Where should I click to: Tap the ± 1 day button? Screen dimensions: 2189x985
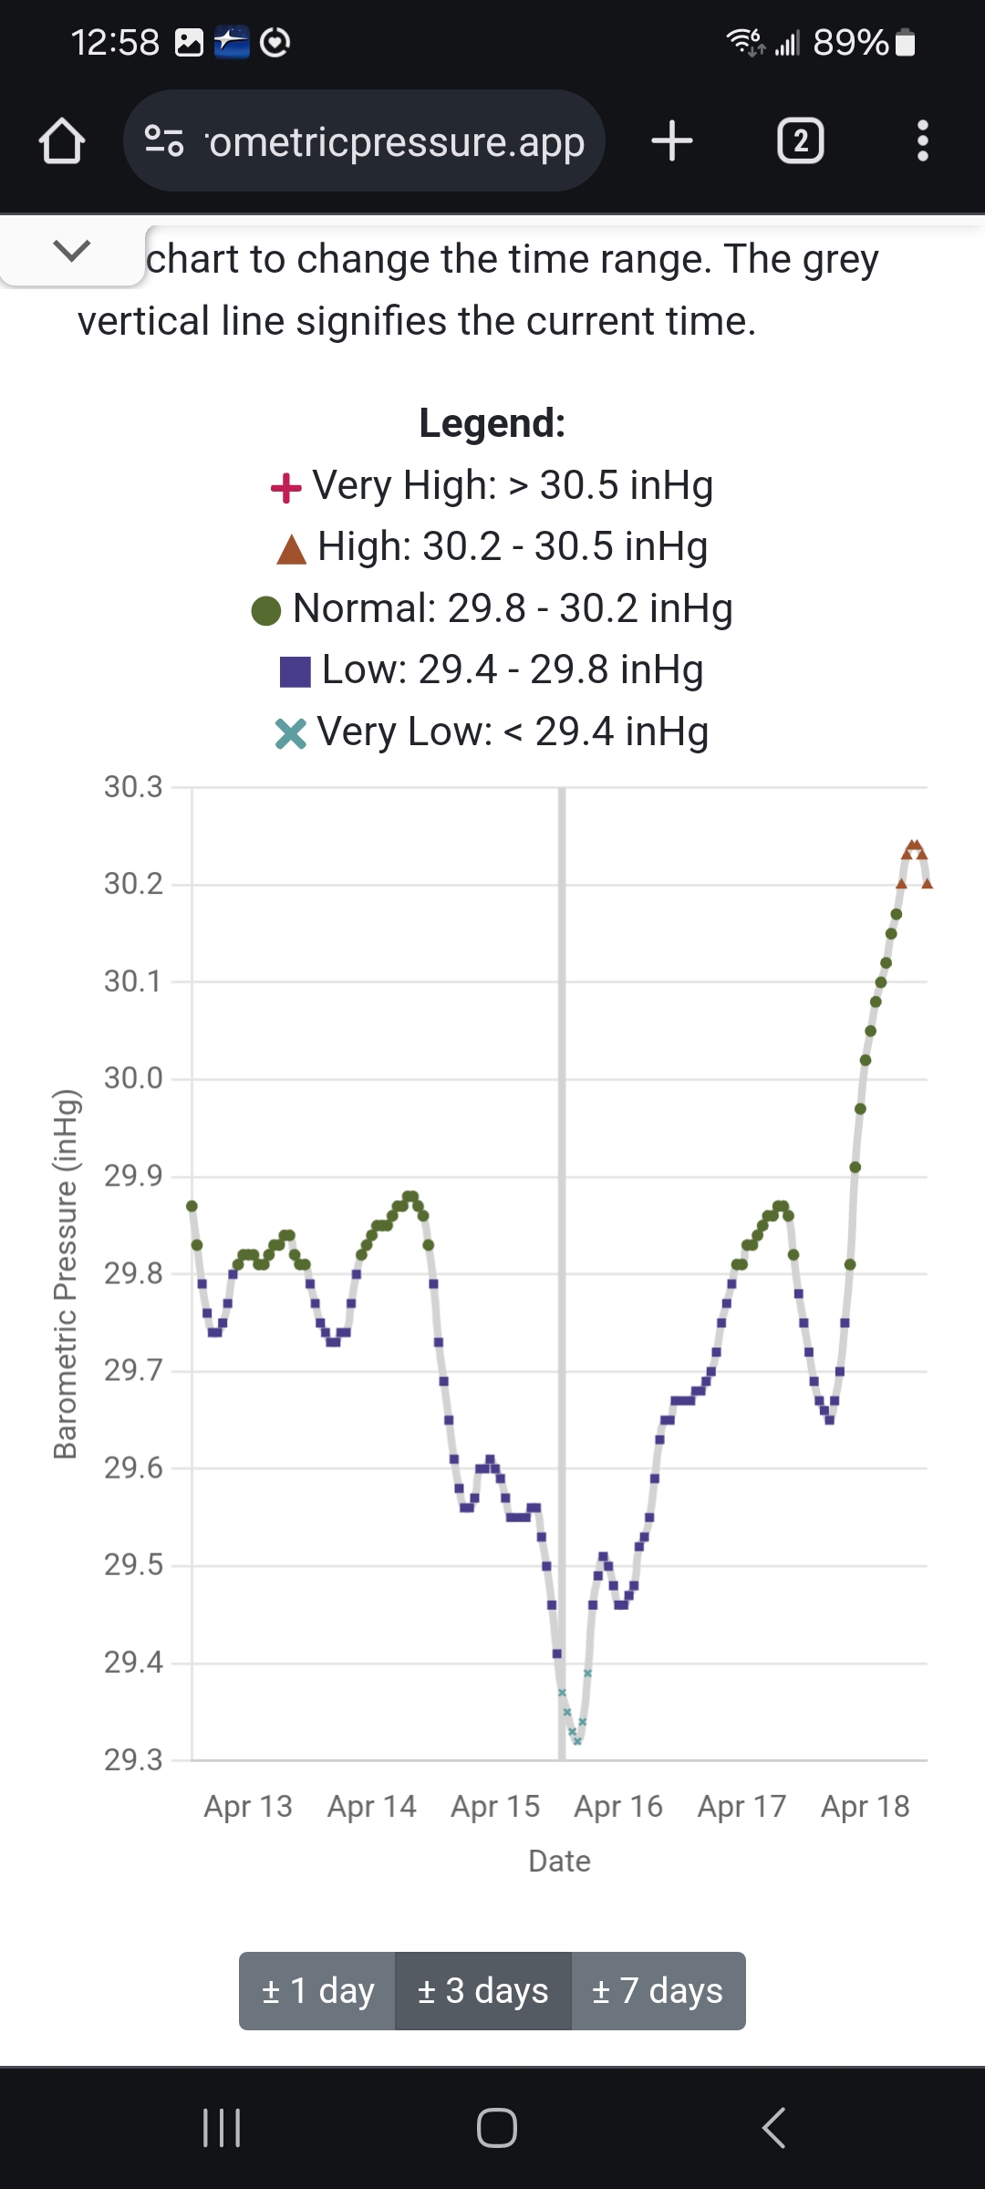coord(317,1990)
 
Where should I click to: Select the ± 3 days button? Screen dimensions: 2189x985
coord(482,1990)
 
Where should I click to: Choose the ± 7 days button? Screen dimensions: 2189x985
coord(658,1990)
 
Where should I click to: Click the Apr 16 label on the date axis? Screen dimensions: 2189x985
coord(618,1806)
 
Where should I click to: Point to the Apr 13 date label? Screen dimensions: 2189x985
coord(248,1806)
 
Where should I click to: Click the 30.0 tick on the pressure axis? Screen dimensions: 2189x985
coord(133,1078)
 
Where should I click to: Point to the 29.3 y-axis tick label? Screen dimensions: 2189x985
coord(133,1759)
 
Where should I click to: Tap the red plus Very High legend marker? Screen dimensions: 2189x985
coord(286,488)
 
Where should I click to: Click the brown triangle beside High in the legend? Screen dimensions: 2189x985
coord(291,549)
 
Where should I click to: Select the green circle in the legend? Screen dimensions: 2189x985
coord(266,610)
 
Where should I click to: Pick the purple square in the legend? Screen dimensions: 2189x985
coord(295,672)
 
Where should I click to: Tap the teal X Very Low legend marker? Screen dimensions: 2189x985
coord(290,733)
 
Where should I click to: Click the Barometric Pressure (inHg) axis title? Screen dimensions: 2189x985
coord(66,1273)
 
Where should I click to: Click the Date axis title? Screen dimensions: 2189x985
coord(559,1861)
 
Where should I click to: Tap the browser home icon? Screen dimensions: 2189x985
coord(62,141)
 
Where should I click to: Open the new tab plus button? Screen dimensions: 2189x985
coord(672,141)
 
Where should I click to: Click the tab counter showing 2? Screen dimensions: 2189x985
coord(800,141)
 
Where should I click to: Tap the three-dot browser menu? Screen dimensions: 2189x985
coord(922,141)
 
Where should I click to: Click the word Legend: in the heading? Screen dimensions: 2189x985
coord(493,423)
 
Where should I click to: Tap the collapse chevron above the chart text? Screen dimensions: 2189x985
coord(72,251)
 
